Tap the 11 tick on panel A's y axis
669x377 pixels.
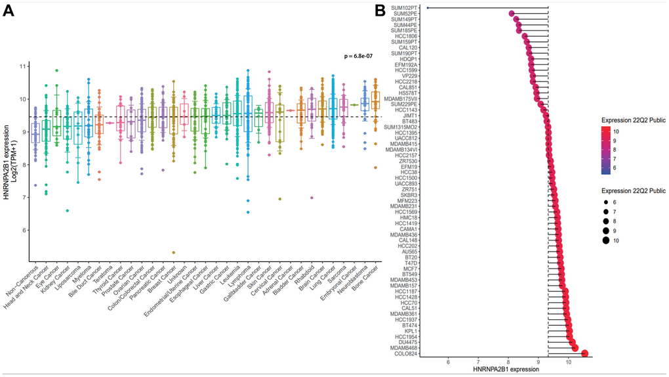23,67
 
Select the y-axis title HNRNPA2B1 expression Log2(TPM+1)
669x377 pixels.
10,148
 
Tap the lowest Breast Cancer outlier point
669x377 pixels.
173,252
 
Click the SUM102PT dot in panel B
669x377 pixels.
428,8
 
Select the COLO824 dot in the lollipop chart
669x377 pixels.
585,353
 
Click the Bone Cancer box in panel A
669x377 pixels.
375,100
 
